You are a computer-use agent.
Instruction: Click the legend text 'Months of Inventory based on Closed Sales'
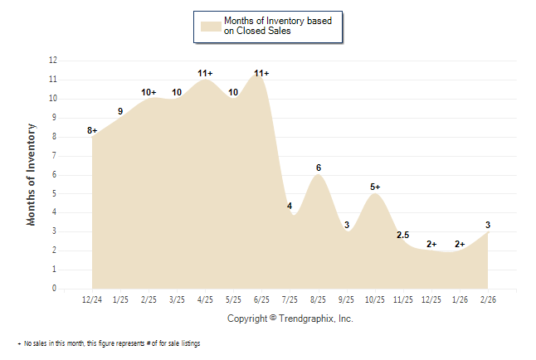point(278,26)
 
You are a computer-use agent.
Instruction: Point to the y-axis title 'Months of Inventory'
point(32,174)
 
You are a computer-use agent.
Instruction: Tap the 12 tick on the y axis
point(53,61)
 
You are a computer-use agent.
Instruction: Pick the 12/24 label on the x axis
point(92,299)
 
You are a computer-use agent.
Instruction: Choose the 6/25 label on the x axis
point(261,299)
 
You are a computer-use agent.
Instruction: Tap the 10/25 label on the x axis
point(375,299)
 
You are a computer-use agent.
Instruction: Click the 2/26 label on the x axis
point(488,299)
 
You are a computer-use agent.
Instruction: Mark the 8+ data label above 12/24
point(92,130)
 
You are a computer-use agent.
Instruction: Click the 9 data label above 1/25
point(120,111)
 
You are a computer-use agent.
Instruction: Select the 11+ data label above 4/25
point(206,73)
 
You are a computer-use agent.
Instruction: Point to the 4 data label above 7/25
point(290,206)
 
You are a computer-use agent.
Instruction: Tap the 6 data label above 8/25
point(319,168)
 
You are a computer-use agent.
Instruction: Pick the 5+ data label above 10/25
point(375,187)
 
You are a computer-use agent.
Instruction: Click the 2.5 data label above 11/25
point(403,235)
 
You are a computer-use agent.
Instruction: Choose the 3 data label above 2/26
point(488,225)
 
